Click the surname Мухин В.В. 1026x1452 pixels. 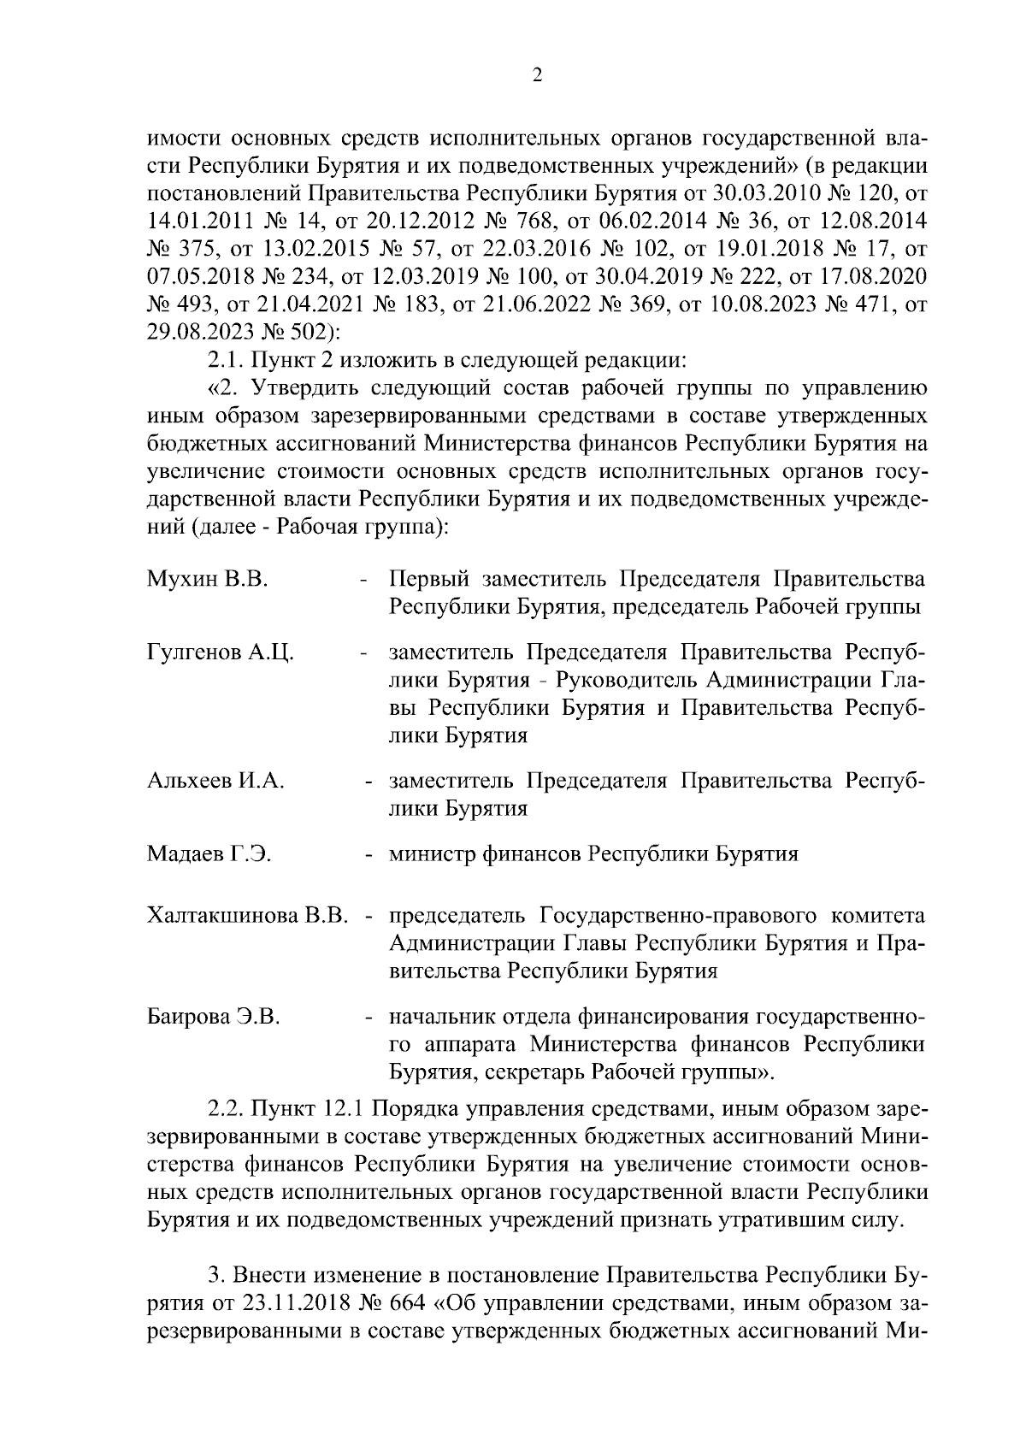208,580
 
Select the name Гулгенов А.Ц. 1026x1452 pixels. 221,652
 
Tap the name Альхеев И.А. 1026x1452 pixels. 215,781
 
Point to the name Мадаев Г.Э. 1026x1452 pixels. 209,853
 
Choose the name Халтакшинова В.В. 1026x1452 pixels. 247,916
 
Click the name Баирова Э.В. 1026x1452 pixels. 214,1017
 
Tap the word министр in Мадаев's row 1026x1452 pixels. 433,853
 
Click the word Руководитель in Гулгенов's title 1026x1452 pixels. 612,680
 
